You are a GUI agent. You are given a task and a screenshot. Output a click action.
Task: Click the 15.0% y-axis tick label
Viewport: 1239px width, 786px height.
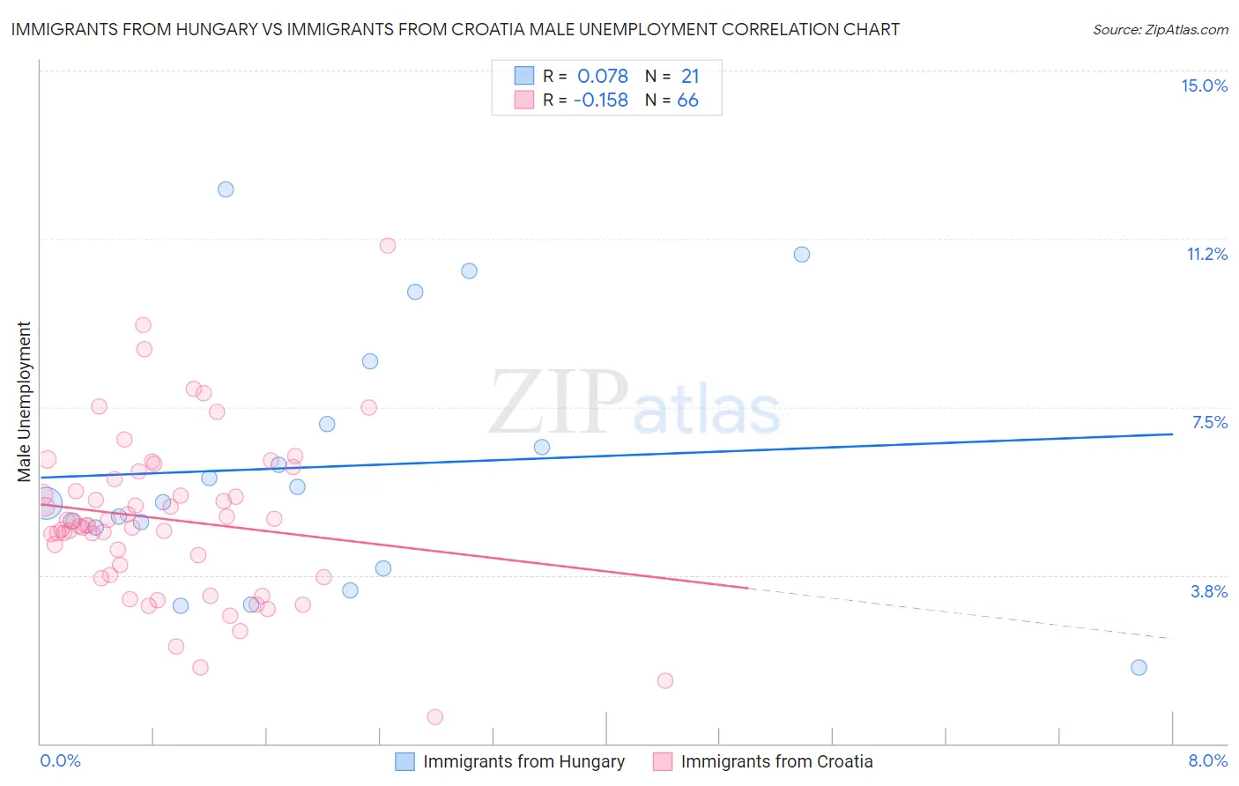pyautogui.click(x=1204, y=85)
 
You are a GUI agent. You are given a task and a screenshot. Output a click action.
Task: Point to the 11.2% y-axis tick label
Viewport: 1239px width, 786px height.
pyautogui.click(x=1206, y=254)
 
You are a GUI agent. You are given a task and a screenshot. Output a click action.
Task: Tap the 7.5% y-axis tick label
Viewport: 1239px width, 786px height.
pyautogui.click(x=1209, y=422)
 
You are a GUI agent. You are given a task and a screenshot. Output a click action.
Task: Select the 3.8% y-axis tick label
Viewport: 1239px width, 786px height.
pyautogui.click(x=1209, y=591)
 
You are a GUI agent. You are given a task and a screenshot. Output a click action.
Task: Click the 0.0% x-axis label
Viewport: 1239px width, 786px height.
pyautogui.click(x=60, y=760)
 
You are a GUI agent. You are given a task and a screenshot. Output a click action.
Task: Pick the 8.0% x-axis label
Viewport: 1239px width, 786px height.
pyautogui.click(x=1207, y=760)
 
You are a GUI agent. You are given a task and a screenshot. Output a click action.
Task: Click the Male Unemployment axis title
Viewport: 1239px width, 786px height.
pyautogui.click(x=24, y=402)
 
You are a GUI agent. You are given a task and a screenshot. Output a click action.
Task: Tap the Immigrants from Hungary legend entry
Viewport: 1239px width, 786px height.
pyautogui.click(x=523, y=761)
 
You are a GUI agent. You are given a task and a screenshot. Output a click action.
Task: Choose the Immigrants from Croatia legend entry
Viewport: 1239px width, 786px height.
pyautogui.click(x=776, y=761)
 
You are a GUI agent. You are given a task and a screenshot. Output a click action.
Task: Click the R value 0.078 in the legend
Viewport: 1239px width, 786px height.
pyautogui.click(x=603, y=77)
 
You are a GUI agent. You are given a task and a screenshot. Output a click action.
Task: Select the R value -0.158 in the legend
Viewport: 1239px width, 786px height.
pyautogui.click(x=601, y=100)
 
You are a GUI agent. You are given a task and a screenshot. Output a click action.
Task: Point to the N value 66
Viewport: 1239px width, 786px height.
pyautogui.click(x=687, y=100)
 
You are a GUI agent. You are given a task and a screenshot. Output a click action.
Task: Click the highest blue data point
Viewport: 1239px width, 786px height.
pyautogui.click(x=226, y=189)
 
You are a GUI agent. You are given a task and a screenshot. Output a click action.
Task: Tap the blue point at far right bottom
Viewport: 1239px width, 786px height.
pyautogui.click(x=1139, y=667)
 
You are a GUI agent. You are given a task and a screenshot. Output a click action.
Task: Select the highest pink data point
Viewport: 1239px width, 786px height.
pyautogui.click(x=388, y=246)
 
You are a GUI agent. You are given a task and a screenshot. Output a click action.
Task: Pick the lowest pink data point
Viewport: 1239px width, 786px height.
pyautogui.click(x=434, y=716)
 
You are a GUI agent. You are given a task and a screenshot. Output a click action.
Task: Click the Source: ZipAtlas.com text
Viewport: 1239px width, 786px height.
pyautogui.click(x=1160, y=30)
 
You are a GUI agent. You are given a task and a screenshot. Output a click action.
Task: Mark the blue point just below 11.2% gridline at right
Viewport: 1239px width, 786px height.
pyautogui.click(x=801, y=255)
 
